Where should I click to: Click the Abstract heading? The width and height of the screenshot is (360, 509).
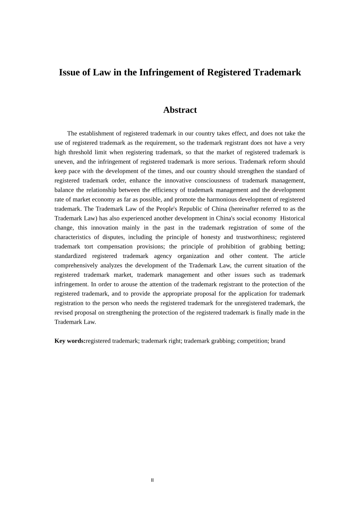click(180, 110)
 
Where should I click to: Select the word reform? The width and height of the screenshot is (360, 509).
click(277, 162)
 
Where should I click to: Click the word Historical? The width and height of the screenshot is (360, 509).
click(292, 219)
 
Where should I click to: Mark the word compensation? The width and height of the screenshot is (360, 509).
click(115, 247)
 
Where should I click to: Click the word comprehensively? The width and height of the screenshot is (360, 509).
click(76, 265)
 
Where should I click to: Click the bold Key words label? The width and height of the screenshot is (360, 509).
click(70, 341)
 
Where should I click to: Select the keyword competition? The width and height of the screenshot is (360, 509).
click(252, 341)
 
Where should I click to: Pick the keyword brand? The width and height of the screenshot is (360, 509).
click(278, 341)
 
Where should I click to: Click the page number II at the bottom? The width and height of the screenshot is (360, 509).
click(152, 480)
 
